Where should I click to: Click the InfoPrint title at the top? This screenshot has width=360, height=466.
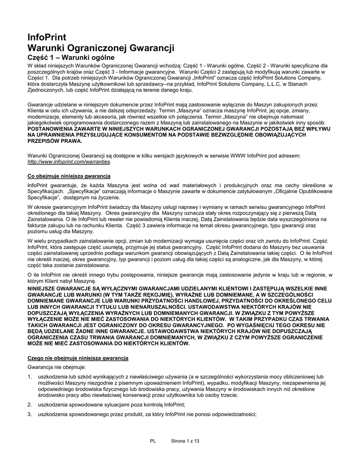click(x=47, y=37)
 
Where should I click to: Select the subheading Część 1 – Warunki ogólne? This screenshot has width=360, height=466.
click(x=71, y=57)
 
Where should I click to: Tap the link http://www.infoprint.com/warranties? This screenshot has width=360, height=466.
click(x=69, y=162)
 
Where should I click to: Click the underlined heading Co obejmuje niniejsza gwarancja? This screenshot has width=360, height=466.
click(x=69, y=176)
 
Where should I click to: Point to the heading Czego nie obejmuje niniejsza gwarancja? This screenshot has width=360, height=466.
click(x=78, y=359)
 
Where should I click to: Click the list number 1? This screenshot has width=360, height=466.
click(x=30, y=377)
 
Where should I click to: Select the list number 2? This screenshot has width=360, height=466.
click(x=30, y=405)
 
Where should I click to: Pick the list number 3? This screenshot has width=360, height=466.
click(x=30, y=414)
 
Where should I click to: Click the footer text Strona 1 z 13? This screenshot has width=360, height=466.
click(x=185, y=441)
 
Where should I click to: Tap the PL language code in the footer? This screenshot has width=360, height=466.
click(x=152, y=441)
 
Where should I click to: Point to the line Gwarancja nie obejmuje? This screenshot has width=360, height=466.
click(x=56, y=367)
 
